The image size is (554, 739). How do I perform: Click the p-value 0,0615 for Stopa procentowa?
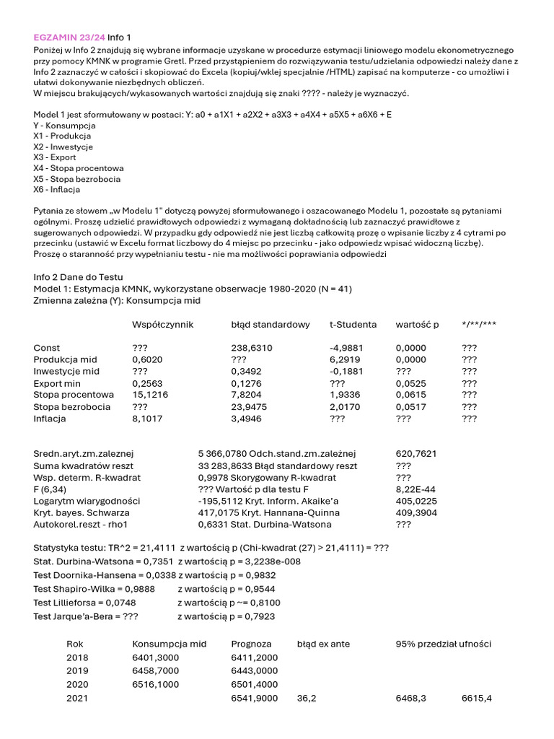(x=410, y=395)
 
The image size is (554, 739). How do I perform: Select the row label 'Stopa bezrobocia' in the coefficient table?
(x=72, y=406)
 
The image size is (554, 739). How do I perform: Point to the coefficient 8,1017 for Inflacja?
(x=147, y=418)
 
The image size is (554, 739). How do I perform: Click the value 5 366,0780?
(x=222, y=454)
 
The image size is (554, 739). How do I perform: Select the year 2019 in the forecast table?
(x=77, y=670)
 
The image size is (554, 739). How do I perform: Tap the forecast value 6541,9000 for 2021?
(x=255, y=699)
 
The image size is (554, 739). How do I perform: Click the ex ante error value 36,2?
(x=307, y=699)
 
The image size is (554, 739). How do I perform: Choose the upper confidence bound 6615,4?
(x=478, y=699)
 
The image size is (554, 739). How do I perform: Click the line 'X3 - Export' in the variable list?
(x=55, y=157)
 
